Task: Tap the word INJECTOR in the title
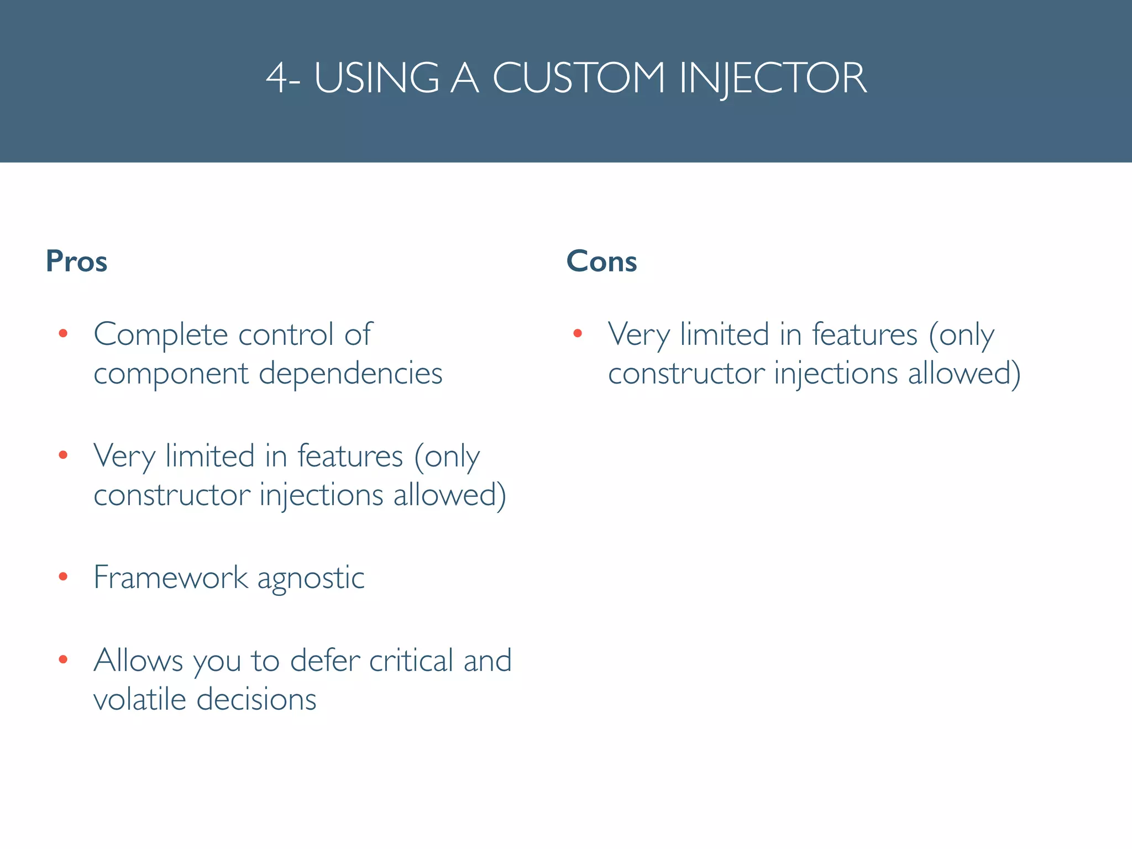[x=773, y=78]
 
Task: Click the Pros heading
[x=76, y=261]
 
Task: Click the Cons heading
[x=601, y=261]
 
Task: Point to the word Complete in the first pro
[x=160, y=334]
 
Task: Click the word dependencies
[x=350, y=374]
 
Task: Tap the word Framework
[x=170, y=578]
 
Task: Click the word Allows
[x=138, y=661]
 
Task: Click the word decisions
[x=256, y=699]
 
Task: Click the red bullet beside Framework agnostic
[x=63, y=577]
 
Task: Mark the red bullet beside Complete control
[x=63, y=333]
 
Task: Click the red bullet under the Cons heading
[x=578, y=333]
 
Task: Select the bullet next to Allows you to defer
[x=63, y=659]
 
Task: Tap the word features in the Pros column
[x=350, y=457]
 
